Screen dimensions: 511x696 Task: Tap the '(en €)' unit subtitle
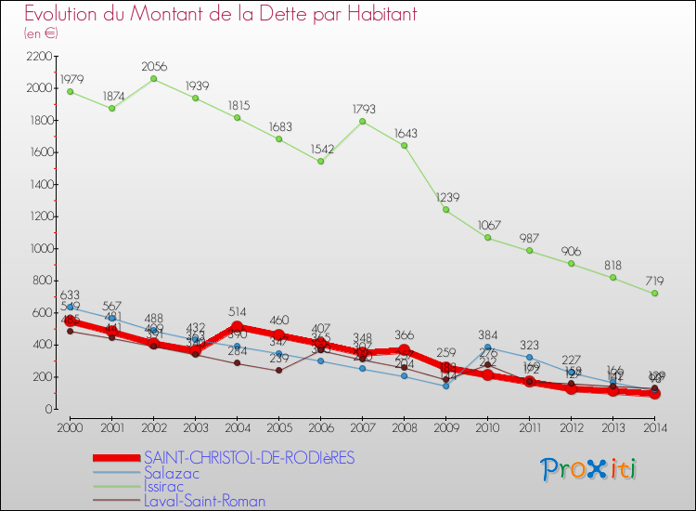click(x=42, y=33)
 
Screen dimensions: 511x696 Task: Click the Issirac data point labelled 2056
click(x=153, y=78)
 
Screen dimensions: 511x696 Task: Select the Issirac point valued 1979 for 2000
click(x=70, y=91)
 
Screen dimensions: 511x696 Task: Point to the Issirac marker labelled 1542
click(x=320, y=161)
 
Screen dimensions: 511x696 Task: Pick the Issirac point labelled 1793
click(x=362, y=121)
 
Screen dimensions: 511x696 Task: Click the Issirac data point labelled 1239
click(x=445, y=209)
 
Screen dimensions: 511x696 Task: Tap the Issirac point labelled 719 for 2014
click(x=655, y=293)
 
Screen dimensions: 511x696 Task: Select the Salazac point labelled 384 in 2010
click(x=487, y=347)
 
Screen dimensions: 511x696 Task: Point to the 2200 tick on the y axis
click(x=40, y=56)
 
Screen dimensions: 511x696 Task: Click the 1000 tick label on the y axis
click(x=40, y=248)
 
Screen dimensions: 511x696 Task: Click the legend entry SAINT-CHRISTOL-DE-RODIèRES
click(x=249, y=458)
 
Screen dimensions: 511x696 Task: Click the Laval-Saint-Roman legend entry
click(x=204, y=501)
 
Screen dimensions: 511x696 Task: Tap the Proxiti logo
click(x=589, y=469)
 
